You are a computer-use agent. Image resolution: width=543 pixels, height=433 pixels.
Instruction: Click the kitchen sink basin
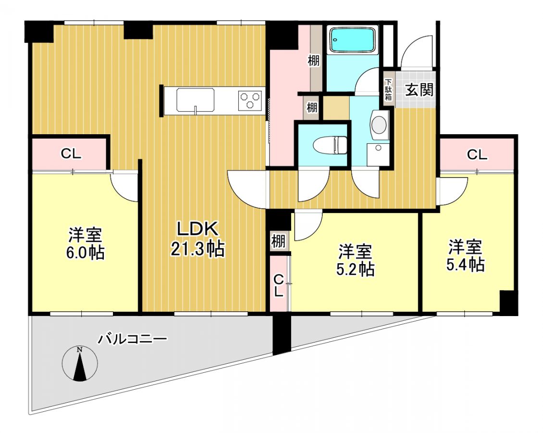(195, 100)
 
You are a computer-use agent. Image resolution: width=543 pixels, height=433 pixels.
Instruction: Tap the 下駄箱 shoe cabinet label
(389, 90)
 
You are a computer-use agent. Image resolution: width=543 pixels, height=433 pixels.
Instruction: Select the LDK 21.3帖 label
(197, 239)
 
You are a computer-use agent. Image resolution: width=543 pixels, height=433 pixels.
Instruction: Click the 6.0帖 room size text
(86, 253)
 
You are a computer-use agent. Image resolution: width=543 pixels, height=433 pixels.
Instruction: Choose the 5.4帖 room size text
(465, 265)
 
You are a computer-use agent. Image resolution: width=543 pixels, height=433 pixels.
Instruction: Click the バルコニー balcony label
(132, 339)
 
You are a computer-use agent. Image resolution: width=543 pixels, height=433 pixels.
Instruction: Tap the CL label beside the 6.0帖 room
(71, 153)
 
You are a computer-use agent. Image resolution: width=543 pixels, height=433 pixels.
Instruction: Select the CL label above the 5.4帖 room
(477, 154)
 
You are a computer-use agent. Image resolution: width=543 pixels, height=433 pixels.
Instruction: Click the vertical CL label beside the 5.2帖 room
(279, 286)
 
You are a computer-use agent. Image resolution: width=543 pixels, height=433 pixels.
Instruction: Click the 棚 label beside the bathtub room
(314, 61)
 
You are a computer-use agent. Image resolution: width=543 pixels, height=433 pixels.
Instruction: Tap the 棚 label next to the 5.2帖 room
(278, 241)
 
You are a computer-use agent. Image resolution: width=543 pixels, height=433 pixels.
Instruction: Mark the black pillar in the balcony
(282, 334)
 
